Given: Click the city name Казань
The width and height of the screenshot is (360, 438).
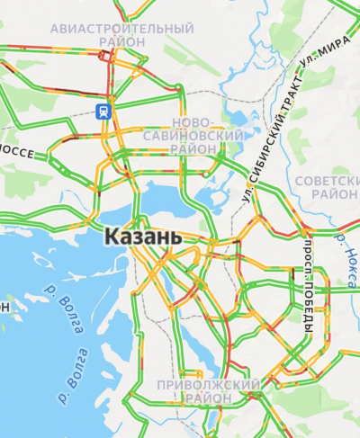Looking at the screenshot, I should (143, 238).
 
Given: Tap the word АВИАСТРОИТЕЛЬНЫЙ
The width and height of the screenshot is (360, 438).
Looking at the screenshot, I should (121, 29).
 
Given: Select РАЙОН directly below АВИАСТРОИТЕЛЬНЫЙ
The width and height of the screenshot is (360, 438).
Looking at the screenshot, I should (122, 41).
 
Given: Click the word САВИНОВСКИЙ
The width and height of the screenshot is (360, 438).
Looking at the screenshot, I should (198, 135).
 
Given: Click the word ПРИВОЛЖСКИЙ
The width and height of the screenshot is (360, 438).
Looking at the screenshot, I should (208, 385).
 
